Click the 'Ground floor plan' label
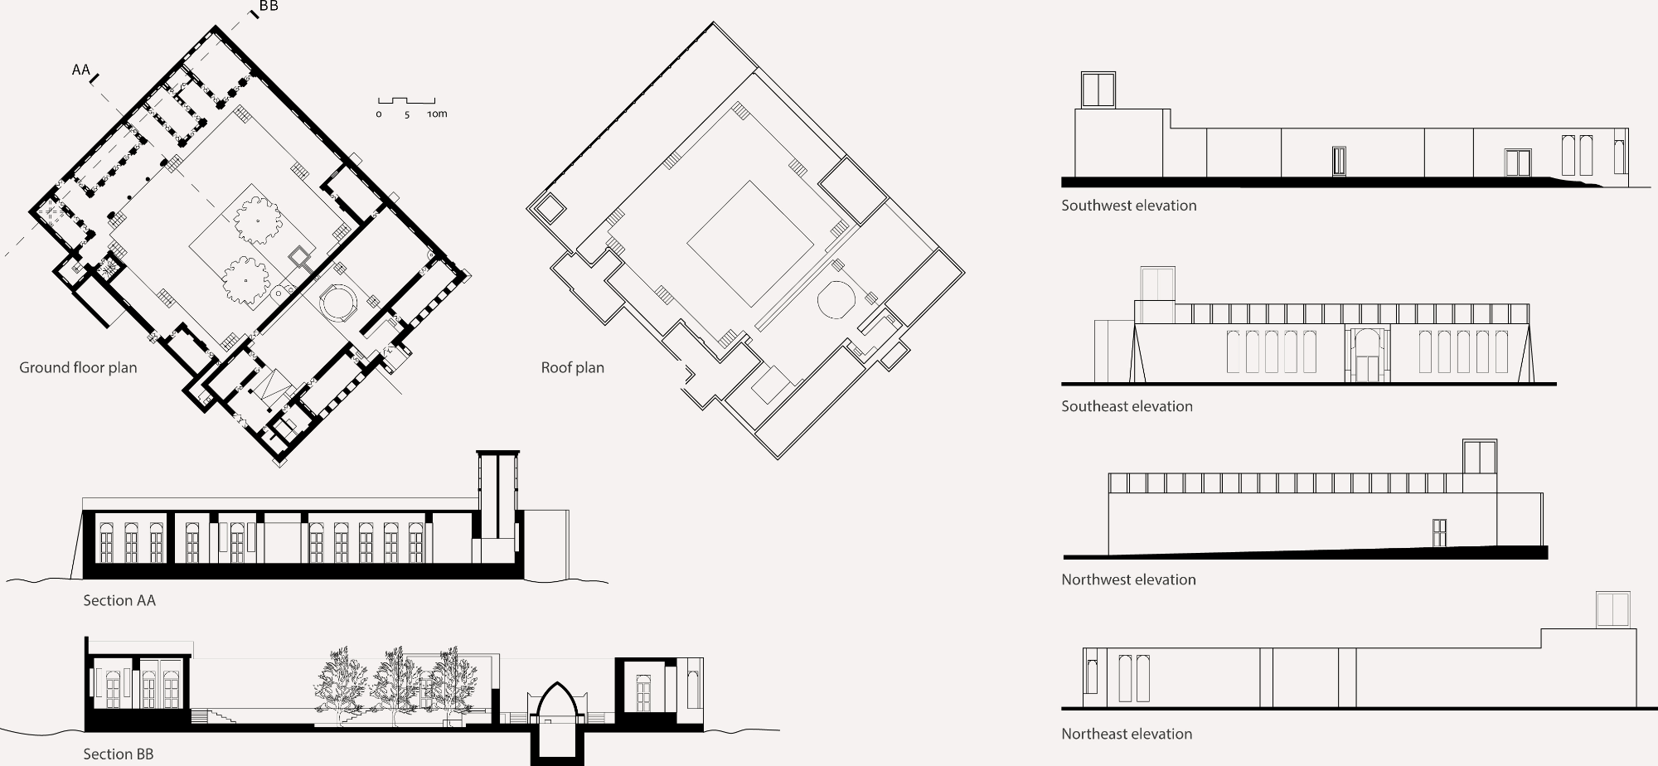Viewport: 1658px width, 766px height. click(78, 367)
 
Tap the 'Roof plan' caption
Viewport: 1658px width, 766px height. click(572, 367)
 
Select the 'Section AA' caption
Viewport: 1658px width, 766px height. click(119, 600)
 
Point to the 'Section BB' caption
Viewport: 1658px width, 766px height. click(119, 754)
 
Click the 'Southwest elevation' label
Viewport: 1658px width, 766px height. click(1129, 206)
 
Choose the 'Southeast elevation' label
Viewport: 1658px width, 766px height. click(1127, 406)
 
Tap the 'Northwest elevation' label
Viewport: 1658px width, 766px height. click(1128, 579)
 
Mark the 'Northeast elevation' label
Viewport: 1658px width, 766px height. click(1127, 734)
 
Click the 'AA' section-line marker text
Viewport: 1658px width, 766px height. click(80, 70)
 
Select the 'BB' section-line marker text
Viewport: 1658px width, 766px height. click(269, 6)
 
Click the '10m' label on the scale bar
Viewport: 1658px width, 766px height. click(437, 114)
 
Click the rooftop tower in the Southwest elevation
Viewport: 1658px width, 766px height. click(1098, 90)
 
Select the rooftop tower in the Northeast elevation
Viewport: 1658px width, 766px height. click(1613, 609)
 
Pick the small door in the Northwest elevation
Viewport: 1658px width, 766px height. click(1439, 533)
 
